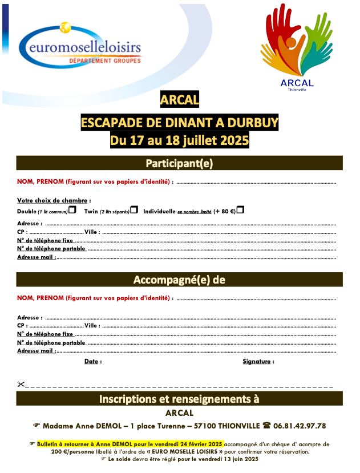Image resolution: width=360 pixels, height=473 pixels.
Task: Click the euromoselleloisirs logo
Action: pyautogui.click(x=79, y=45)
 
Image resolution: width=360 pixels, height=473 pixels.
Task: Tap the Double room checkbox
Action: pyautogui.click(x=72, y=211)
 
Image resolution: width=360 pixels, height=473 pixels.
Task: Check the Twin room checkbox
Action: pyautogui.click(x=134, y=211)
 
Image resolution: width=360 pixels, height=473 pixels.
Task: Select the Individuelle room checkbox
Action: pyautogui.click(x=240, y=210)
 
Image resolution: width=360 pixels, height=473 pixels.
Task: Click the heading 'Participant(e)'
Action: pyautogui.click(x=179, y=164)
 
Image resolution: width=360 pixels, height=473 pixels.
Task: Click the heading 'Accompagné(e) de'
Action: pyautogui.click(x=179, y=280)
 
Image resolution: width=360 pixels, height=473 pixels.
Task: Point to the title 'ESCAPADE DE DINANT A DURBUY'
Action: pyautogui.click(x=179, y=123)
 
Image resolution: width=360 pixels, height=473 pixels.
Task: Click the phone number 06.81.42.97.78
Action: pyautogui.click(x=300, y=426)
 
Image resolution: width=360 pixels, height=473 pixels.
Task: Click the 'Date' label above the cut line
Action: pyautogui.click(x=92, y=362)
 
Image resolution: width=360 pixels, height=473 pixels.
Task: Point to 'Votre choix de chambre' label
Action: pyautogui.click(x=52, y=201)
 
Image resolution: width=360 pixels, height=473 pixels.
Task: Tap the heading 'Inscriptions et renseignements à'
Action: pyautogui.click(x=179, y=398)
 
